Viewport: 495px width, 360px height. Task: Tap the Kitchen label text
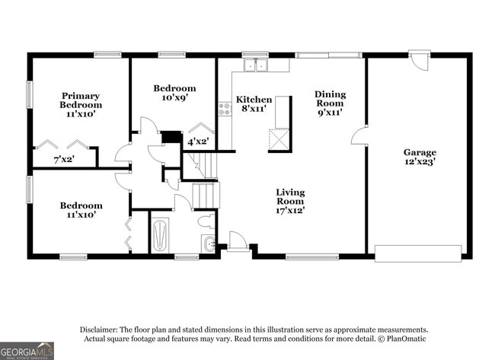(x=254, y=100)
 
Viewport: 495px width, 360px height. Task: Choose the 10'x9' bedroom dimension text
(x=174, y=98)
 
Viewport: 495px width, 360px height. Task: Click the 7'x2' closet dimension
(x=64, y=159)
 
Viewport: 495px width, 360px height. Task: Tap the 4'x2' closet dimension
(x=198, y=141)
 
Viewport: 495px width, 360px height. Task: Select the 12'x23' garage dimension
(x=419, y=161)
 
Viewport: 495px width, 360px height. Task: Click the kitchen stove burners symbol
(x=225, y=109)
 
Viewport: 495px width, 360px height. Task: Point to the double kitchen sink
(x=254, y=65)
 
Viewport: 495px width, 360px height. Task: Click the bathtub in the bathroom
(x=160, y=234)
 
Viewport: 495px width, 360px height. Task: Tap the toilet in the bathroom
(x=205, y=222)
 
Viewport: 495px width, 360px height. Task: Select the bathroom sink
(x=209, y=244)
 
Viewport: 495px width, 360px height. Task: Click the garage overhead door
(x=418, y=253)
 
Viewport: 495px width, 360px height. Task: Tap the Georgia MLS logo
(x=27, y=350)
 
